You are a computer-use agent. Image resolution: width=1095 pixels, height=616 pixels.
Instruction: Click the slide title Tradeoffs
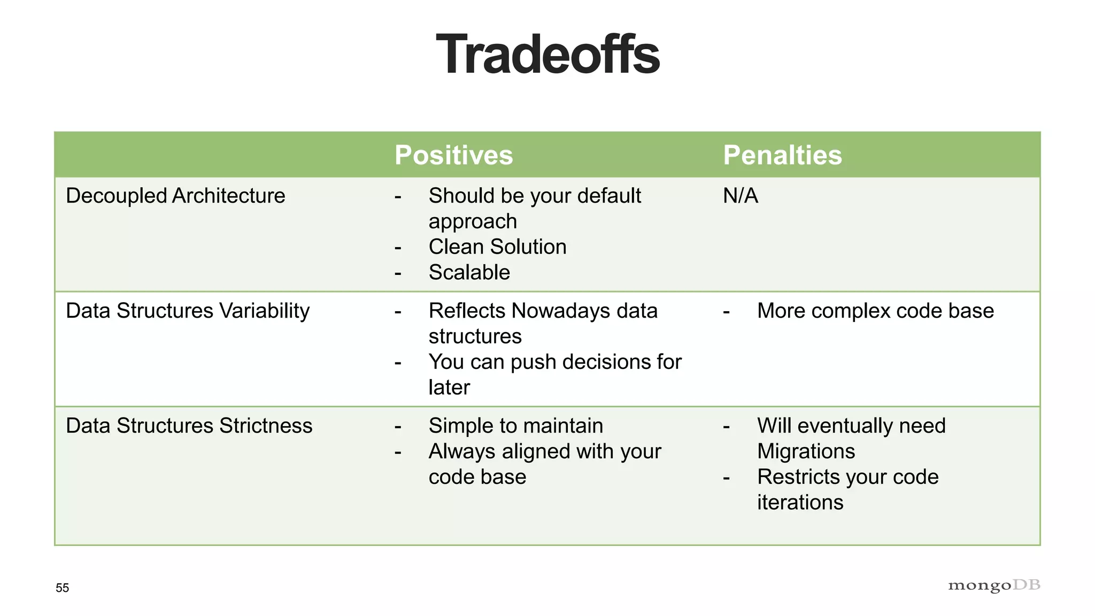click(547, 55)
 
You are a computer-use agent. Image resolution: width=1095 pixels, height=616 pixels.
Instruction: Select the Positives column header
click(453, 155)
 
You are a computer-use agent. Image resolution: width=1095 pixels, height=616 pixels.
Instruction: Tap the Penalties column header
click(782, 155)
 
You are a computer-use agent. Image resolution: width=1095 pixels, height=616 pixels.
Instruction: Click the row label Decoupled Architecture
click(175, 196)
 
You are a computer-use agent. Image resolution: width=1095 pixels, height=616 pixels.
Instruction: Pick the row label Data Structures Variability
click(188, 311)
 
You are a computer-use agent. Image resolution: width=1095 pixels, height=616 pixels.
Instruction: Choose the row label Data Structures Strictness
click(189, 426)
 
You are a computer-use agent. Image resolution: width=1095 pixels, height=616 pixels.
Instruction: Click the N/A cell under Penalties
click(741, 196)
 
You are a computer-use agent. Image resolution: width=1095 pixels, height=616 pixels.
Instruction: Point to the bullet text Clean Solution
click(497, 247)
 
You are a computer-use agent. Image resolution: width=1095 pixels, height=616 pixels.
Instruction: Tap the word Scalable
click(469, 273)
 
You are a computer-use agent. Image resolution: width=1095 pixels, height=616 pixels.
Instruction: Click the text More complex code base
click(875, 311)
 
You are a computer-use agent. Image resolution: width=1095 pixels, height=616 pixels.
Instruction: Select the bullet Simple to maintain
click(515, 426)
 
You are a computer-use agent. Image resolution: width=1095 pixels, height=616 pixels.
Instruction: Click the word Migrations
click(806, 451)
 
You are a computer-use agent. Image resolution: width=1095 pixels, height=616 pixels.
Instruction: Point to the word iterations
click(800, 503)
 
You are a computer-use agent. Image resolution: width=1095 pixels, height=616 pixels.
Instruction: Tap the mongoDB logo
click(993, 586)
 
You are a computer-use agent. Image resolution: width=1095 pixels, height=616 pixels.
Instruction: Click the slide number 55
click(62, 588)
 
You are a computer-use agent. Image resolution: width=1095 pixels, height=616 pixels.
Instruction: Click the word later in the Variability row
click(449, 388)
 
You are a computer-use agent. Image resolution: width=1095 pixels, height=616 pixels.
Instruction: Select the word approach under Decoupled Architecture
click(473, 222)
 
